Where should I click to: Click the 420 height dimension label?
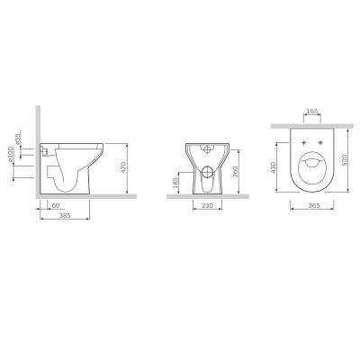123,167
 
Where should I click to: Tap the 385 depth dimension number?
65,215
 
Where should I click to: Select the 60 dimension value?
56,205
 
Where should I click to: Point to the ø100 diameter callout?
12,154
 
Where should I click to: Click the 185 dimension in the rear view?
175,183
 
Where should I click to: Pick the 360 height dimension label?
236,172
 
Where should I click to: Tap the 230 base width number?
207,205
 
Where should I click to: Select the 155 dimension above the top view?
312,112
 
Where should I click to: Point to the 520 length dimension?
345,160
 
